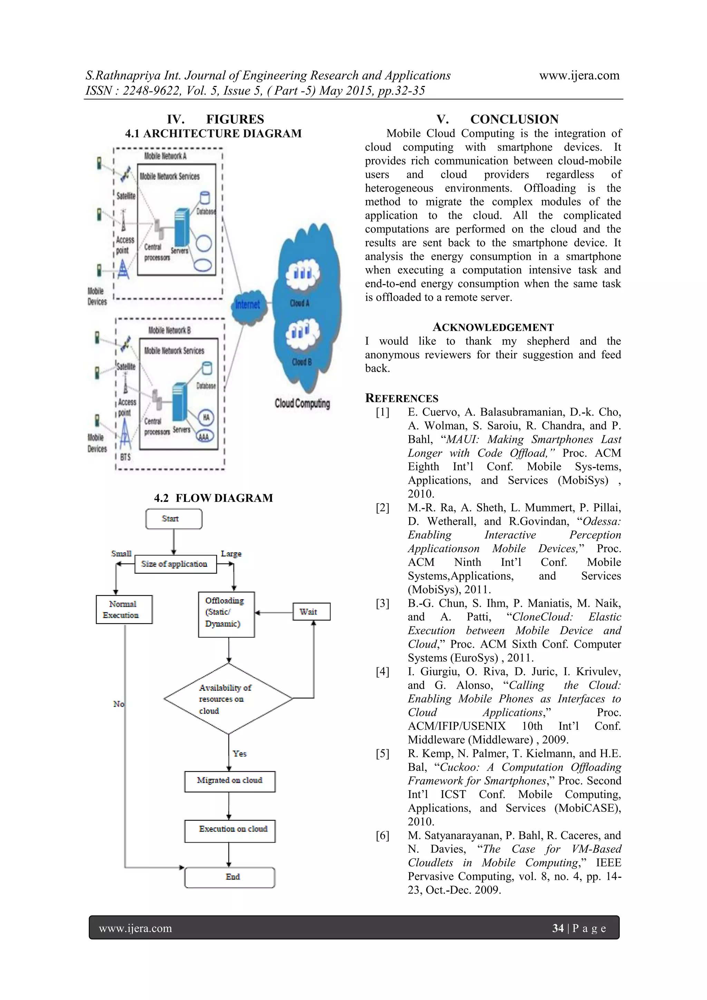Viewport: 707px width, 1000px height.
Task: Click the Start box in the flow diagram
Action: pyautogui.click(x=173, y=519)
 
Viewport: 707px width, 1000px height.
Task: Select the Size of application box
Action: pyautogui.click(x=175, y=564)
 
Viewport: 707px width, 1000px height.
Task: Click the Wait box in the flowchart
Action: pyautogui.click(x=311, y=612)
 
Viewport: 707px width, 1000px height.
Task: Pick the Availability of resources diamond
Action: pyautogui.click(x=228, y=699)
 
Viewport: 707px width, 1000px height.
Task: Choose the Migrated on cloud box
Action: pyautogui.click(x=230, y=780)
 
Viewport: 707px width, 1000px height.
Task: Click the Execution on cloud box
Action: pyautogui.click(x=230, y=829)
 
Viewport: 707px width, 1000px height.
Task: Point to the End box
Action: pyautogui.click(x=230, y=877)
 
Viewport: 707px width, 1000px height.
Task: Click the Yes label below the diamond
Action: pyautogui.click(x=240, y=754)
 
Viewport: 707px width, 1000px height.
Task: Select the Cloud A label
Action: pyautogui.click(x=300, y=303)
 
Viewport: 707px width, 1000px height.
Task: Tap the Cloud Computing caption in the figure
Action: pyautogui.click(x=302, y=403)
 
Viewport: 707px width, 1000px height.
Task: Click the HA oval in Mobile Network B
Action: pyautogui.click(x=206, y=417)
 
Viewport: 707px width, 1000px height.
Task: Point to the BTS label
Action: pyautogui.click(x=125, y=457)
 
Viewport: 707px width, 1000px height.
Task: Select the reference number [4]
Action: pyautogui.click(x=382, y=672)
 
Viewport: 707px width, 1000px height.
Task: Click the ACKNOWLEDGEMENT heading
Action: pyautogui.click(x=493, y=328)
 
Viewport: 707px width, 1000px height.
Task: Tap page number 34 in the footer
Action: pyautogui.click(x=558, y=928)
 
